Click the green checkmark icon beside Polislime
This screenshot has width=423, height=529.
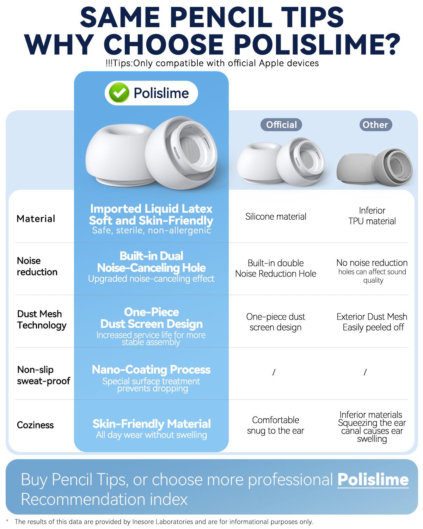(119, 93)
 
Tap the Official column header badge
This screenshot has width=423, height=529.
(281, 124)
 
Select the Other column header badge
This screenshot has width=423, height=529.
(375, 124)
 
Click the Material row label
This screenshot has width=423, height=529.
(36, 219)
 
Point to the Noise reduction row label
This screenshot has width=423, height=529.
(37, 266)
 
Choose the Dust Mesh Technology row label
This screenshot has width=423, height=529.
(42, 320)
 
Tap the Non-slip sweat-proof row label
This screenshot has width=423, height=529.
(44, 375)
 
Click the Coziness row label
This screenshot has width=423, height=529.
(35, 425)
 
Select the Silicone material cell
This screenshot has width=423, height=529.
(276, 217)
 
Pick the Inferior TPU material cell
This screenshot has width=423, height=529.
(372, 216)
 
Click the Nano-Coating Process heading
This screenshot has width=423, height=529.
(151, 370)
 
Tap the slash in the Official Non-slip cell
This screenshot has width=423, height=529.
(274, 372)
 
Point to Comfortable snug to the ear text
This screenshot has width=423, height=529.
(275, 425)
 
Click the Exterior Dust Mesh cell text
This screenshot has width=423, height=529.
(372, 322)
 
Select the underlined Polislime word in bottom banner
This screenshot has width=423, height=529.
(373, 480)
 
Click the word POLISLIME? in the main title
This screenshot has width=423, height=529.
(317, 44)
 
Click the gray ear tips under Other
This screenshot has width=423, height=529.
(374, 168)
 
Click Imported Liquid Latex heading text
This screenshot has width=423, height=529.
(151, 209)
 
